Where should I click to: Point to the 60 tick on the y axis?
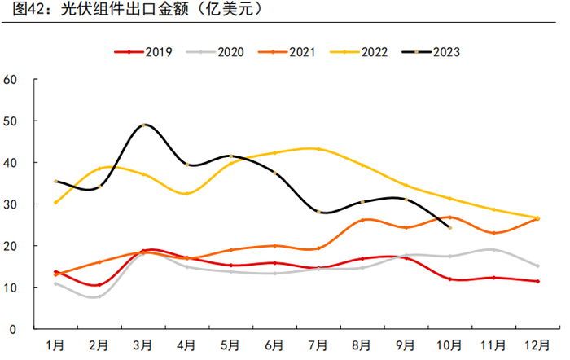pos(11,80)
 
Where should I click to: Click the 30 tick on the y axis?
pos(11,204)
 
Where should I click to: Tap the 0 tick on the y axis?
pos(15,329)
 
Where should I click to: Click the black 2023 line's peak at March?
pos(143,125)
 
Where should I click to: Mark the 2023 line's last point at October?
pos(449,227)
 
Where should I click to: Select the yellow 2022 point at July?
pos(318,149)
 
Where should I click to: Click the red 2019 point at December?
pos(537,281)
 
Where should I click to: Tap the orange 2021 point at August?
pos(362,220)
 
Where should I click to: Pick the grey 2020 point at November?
pos(493,249)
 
